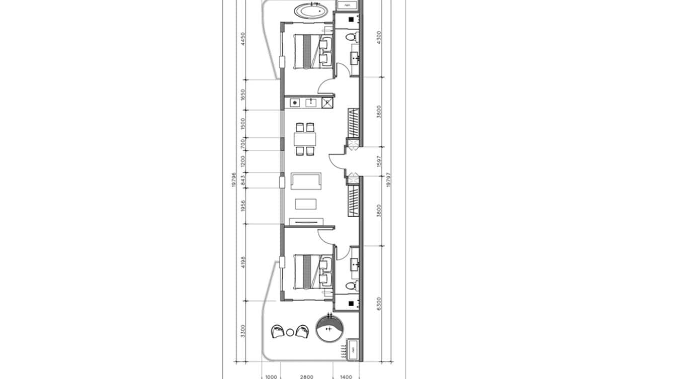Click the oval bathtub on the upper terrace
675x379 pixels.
click(x=310, y=11)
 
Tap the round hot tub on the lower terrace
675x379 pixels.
click(x=329, y=329)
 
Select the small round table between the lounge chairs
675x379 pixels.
click(x=290, y=332)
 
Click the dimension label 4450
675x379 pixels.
click(x=243, y=39)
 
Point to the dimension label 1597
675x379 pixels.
click(x=379, y=161)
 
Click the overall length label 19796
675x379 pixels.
click(x=234, y=180)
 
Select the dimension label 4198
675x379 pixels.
click(x=243, y=263)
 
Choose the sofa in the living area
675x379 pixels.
click(x=306, y=181)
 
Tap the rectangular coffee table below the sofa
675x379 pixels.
click(x=305, y=204)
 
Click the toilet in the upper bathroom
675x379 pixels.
click(x=353, y=37)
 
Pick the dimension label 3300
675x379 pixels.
click(x=243, y=331)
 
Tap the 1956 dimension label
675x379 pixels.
click(x=243, y=206)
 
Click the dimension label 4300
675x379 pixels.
click(x=379, y=37)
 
